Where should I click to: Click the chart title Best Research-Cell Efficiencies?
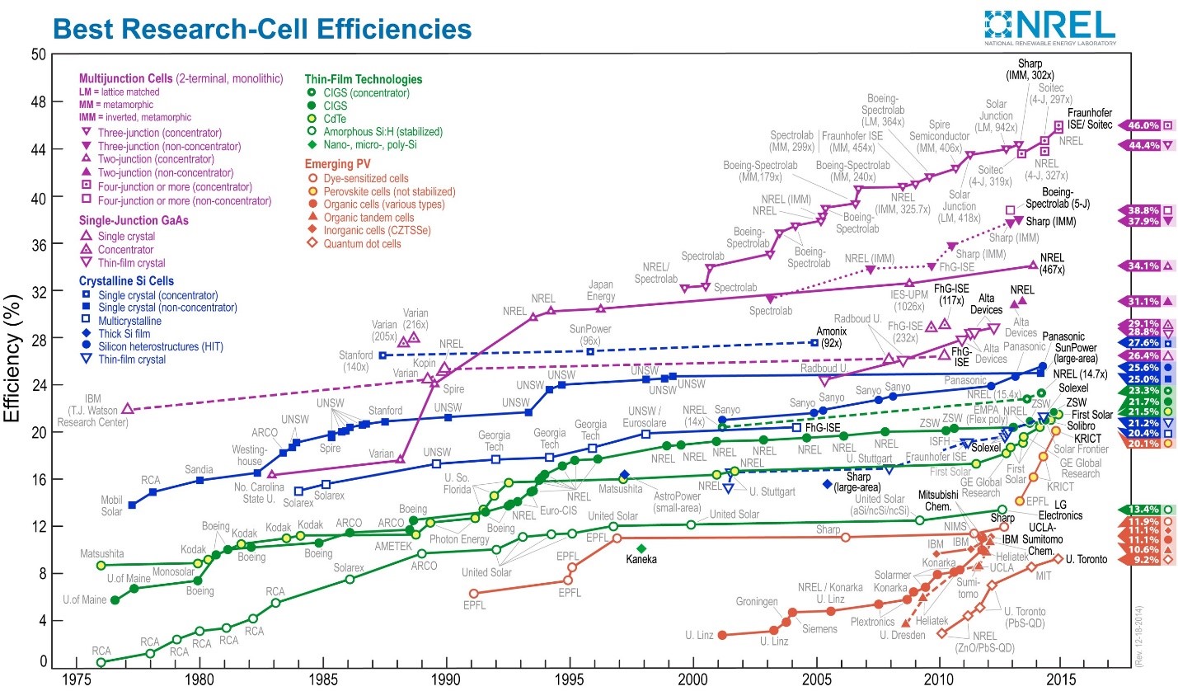(261, 29)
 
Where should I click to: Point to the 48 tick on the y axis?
(36, 102)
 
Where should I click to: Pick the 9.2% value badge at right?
(1144, 561)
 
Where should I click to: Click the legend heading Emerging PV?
(340, 162)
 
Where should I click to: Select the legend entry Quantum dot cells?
(362, 244)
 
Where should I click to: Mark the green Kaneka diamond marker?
(641, 548)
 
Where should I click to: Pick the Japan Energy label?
(600, 291)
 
